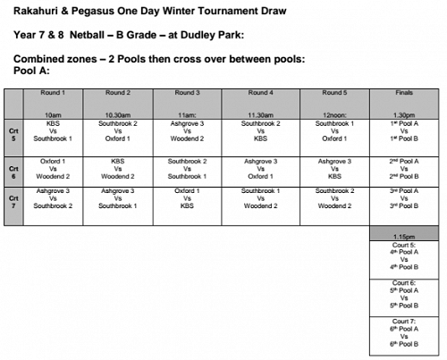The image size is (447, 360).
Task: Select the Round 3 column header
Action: pos(187,92)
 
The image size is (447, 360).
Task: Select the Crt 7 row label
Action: pos(13,202)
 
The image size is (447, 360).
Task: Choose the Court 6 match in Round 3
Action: pos(187,169)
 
